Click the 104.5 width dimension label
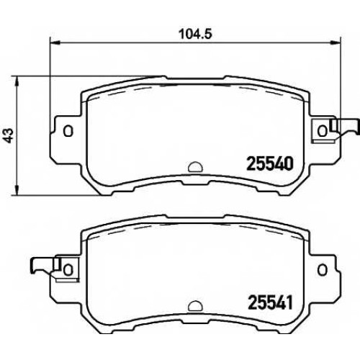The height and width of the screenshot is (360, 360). pos(196,34)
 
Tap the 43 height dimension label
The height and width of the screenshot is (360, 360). pos(9,135)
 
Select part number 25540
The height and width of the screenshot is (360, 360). pos(270,163)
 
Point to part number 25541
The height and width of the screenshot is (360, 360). pos(270,302)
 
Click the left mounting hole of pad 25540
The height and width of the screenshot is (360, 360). pos(68,131)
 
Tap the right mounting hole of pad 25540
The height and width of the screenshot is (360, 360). pos(323,131)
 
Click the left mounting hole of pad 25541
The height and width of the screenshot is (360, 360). pos(68,269)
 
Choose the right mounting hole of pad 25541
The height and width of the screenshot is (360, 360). pos(323,270)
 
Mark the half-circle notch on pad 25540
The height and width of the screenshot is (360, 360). pos(195,167)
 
